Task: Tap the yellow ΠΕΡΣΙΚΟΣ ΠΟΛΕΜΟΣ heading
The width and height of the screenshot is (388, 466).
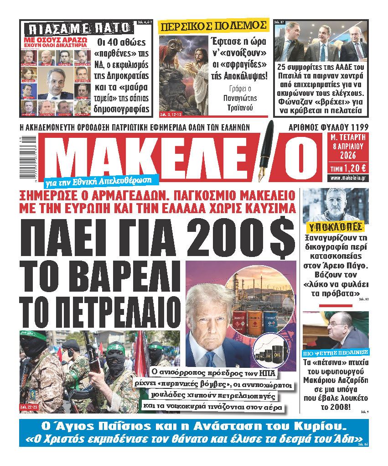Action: [x=212, y=26]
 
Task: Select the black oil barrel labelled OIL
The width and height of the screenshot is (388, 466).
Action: [x=275, y=356]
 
